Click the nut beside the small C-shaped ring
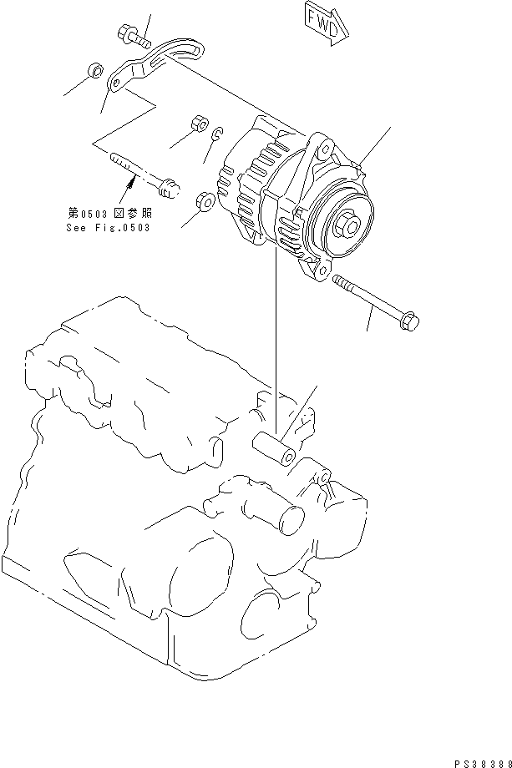(x=199, y=123)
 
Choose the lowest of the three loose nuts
(x=204, y=202)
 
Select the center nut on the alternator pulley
(x=348, y=225)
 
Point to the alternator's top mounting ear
(x=322, y=150)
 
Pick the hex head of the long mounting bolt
(x=410, y=320)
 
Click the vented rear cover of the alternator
(x=242, y=192)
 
